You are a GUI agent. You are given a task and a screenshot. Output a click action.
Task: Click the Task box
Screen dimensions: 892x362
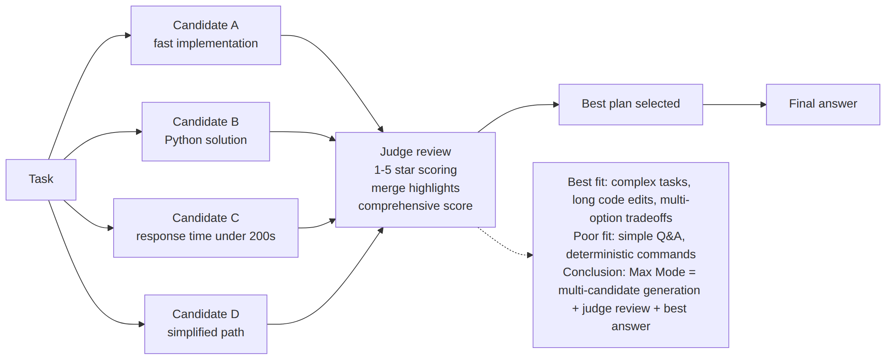coord(41,179)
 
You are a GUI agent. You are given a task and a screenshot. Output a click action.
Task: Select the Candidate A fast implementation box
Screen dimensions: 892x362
coord(206,35)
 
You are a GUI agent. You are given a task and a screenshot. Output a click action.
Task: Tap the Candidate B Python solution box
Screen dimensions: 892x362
coord(206,131)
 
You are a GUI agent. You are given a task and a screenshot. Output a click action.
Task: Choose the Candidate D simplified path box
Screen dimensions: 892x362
coord(206,324)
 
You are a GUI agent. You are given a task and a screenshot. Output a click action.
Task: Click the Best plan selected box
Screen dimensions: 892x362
coord(631,105)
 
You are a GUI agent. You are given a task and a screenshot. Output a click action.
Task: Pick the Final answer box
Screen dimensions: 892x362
coord(823,105)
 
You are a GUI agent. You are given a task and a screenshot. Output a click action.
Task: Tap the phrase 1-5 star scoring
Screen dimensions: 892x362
coord(415,170)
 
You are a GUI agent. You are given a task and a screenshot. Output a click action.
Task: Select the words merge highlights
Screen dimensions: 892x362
coord(415,188)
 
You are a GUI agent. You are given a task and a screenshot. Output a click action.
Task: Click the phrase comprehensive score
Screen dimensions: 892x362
coord(415,206)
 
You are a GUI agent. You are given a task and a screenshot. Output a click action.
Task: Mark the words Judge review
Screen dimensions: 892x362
coord(415,151)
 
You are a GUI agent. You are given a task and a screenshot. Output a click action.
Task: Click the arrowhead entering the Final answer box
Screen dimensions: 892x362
coord(763,105)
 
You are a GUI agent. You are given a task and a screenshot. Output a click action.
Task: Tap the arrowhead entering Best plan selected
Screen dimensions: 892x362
coord(556,105)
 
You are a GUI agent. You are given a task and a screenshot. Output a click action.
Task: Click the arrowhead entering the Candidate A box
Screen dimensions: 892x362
coord(128,35)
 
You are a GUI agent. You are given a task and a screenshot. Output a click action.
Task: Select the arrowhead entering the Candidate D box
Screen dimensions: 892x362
coord(142,324)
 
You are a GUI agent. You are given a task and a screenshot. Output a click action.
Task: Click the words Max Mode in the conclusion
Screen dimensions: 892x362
coord(657,272)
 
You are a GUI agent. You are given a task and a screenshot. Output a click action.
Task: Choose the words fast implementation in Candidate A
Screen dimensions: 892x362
coord(206,44)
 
